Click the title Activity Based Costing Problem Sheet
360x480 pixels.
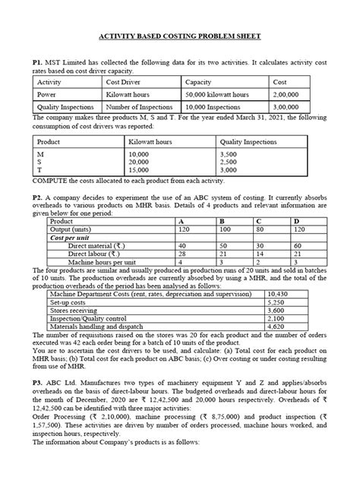coord(180,36)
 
